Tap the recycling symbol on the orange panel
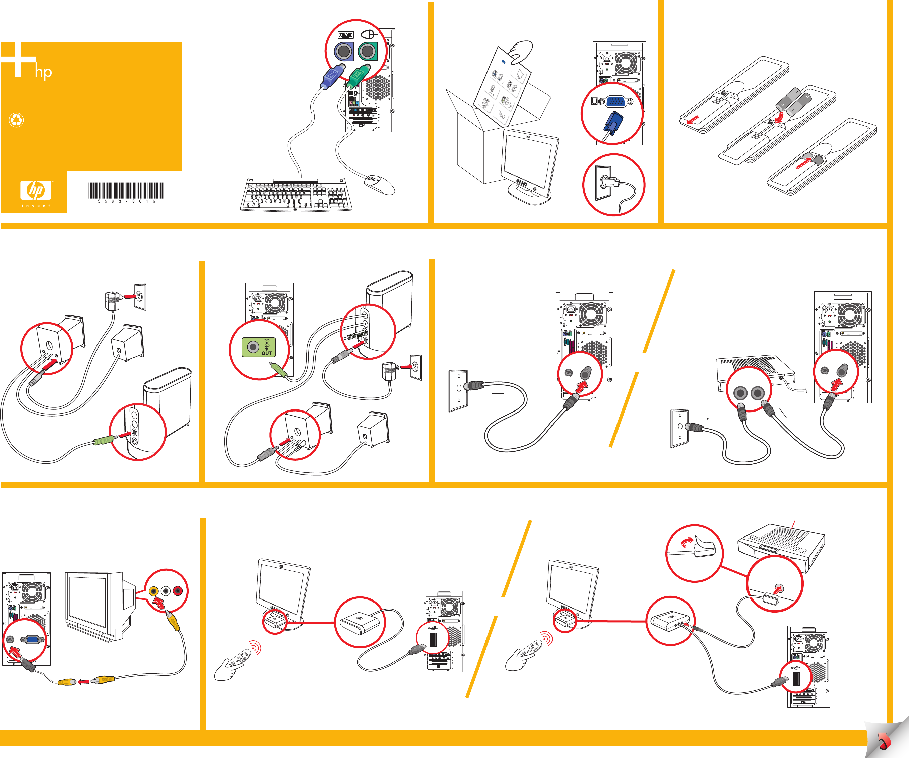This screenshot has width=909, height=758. pyautogui.click(x=16, y=120)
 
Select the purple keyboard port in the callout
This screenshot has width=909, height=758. pyautogui.click(x=344, y=52)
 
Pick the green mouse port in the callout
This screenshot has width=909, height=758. pyautogui.click(x=368, y=52)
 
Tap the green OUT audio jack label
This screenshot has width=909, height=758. pyautogui.click(x=259, y=347)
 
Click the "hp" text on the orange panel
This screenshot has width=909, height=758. pyautogui.click(x=43, y=72)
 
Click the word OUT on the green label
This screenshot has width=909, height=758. pyautogui.click(x=267, y=353)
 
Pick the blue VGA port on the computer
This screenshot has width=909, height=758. pyautogui.click(x=615, y=101)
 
